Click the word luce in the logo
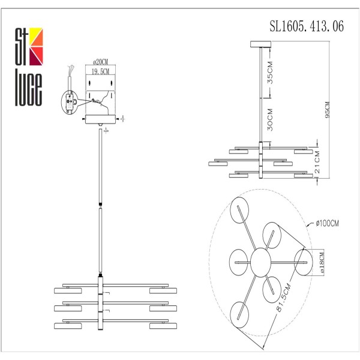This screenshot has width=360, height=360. point(28,86)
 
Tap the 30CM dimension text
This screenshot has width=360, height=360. point(271,119)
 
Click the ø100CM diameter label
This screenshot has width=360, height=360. point(328,224)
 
